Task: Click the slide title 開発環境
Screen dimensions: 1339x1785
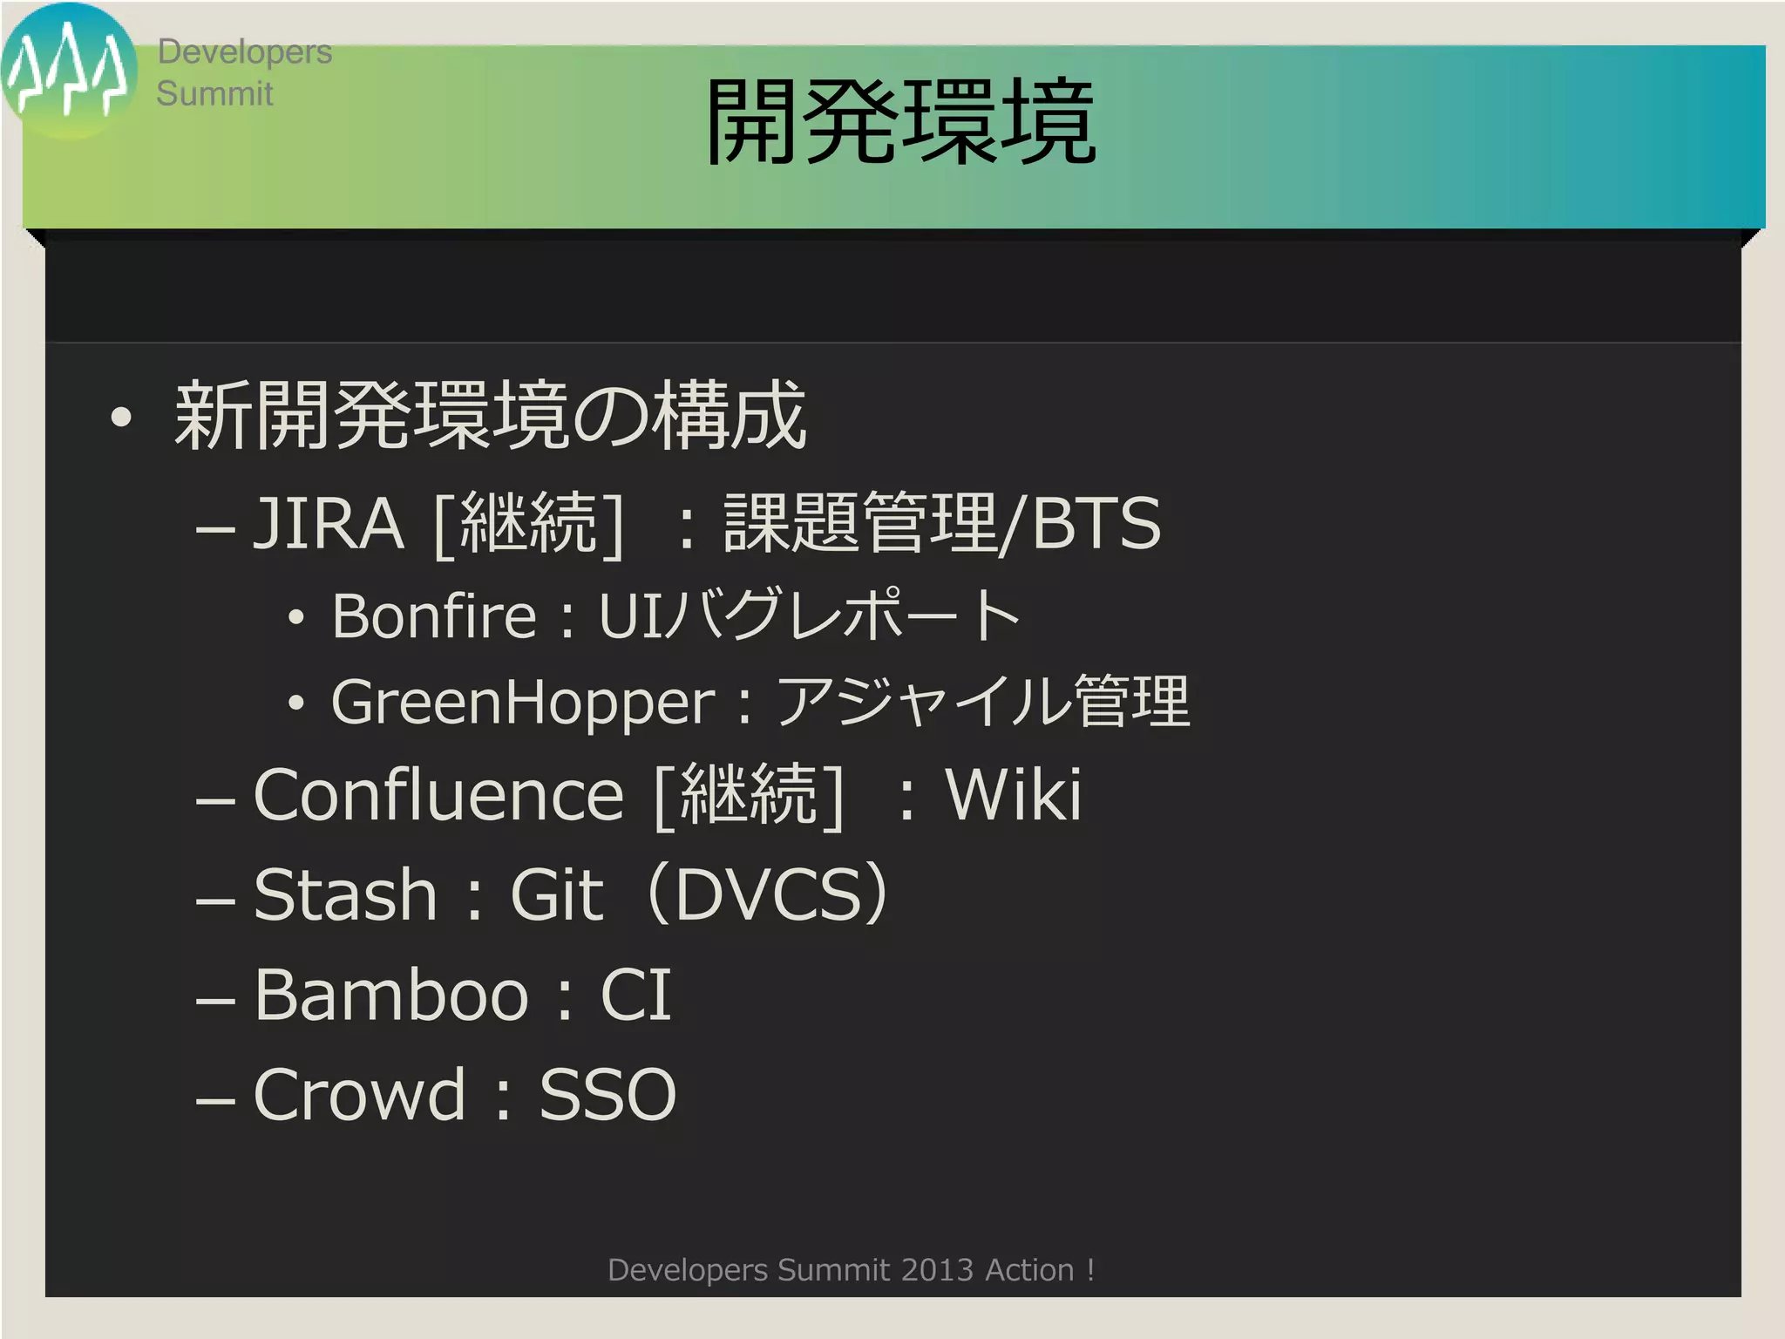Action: point(899,122)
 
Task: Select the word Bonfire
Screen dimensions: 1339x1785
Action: point(433,616)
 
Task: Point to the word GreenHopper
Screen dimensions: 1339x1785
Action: point(523,703)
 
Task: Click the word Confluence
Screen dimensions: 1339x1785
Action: point(438,795)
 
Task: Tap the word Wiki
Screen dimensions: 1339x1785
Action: point(1014,795)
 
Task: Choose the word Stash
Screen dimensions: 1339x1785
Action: point(345,894)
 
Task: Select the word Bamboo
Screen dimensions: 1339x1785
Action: point(391,995)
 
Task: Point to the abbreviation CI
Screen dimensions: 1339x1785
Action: point(635,995)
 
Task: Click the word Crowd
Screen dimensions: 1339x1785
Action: point(359,1094)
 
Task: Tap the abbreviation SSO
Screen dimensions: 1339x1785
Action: point(607,1094)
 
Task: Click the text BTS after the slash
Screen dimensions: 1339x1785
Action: point(1096,523)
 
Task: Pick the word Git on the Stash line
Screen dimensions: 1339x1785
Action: point(557,894)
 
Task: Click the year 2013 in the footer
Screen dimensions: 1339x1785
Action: point(937,1270)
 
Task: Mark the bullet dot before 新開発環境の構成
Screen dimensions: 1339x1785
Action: point(122,418)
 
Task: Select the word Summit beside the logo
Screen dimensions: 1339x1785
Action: point(214,93)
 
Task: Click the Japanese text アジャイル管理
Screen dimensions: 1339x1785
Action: point(982,703)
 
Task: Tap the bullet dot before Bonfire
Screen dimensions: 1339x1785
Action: point(297,618)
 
